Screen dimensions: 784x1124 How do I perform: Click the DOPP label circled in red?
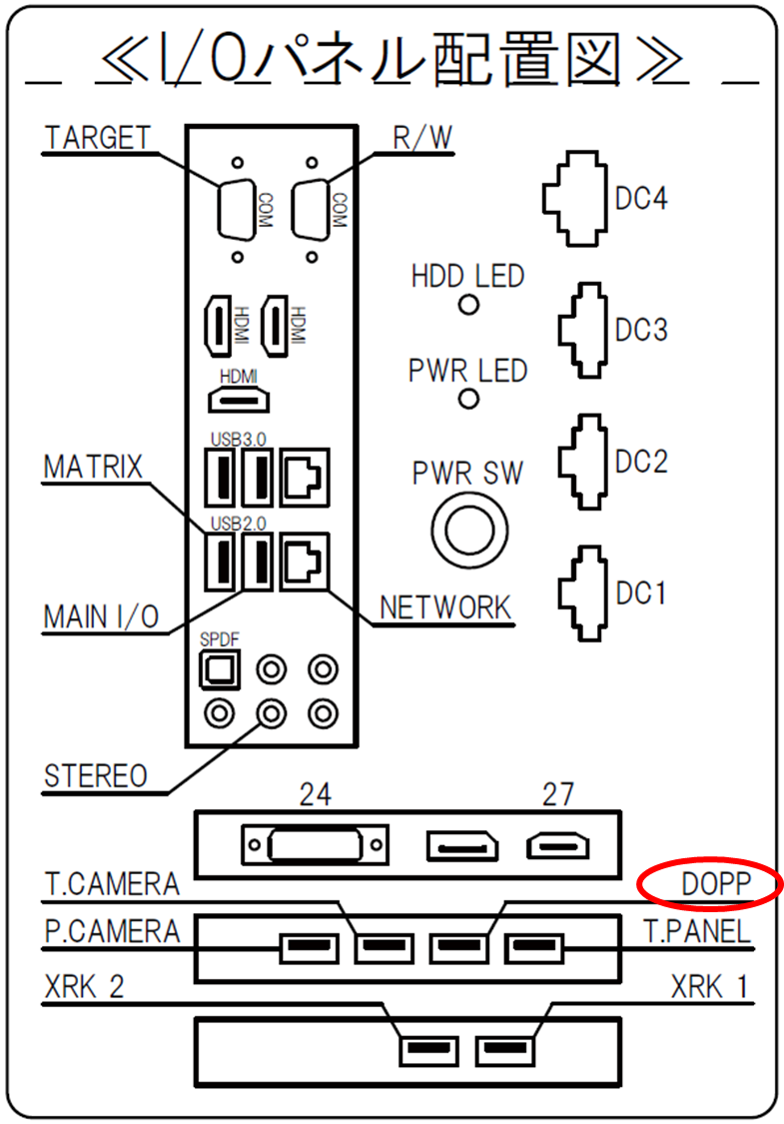[715, 884]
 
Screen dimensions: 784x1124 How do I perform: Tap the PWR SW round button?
[469, 531]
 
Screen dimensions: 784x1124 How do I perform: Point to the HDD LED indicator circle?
[468, 306]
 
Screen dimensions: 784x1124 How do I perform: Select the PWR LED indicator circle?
[468, 399]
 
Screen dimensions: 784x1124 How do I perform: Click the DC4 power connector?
[575, 199]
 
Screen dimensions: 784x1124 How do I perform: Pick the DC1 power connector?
[582, 593]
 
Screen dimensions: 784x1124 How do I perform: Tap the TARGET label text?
[98, 138]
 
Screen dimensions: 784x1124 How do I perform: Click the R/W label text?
[422, 138]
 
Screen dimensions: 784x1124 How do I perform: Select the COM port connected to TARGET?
[238, 209]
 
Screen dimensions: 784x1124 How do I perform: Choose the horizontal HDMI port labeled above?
[239, 400]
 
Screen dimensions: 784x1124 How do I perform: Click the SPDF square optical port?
[220, 669]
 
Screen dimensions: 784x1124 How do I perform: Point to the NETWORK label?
[445, 607]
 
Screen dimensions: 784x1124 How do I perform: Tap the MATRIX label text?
[93, 468]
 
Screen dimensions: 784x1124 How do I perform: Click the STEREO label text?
[95, 776]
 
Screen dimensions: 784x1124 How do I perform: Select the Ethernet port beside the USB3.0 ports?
[306, 477]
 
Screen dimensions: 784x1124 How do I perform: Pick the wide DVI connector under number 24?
[316, 845]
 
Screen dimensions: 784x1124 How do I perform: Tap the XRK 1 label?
[709, 987]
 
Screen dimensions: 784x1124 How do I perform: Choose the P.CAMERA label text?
[113, 931]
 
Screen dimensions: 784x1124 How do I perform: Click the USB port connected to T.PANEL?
[534, 948]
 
